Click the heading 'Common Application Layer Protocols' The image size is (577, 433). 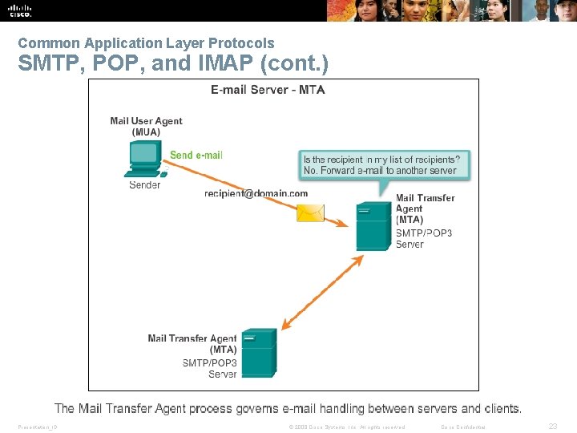[x=146, y=43]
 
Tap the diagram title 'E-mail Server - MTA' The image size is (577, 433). [x=268, y=90]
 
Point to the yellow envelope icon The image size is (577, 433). [x=310, y=212]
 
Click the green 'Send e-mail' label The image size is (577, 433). [x=196, y=155]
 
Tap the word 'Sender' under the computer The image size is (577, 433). [x=145, y=185]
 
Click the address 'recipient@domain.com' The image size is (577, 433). [x=256, y=193]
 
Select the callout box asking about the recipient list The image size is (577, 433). [x=384, y=165]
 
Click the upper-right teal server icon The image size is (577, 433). [x=373, y=227]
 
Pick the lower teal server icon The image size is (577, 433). [x=260, y=353]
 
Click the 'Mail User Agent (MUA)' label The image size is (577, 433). [x=146, y=127]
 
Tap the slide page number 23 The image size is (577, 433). [x=552, y=427]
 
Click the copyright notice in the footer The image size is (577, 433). [x=346, y=427]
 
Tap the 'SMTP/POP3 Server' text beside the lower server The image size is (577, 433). [x=210, y=368]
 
